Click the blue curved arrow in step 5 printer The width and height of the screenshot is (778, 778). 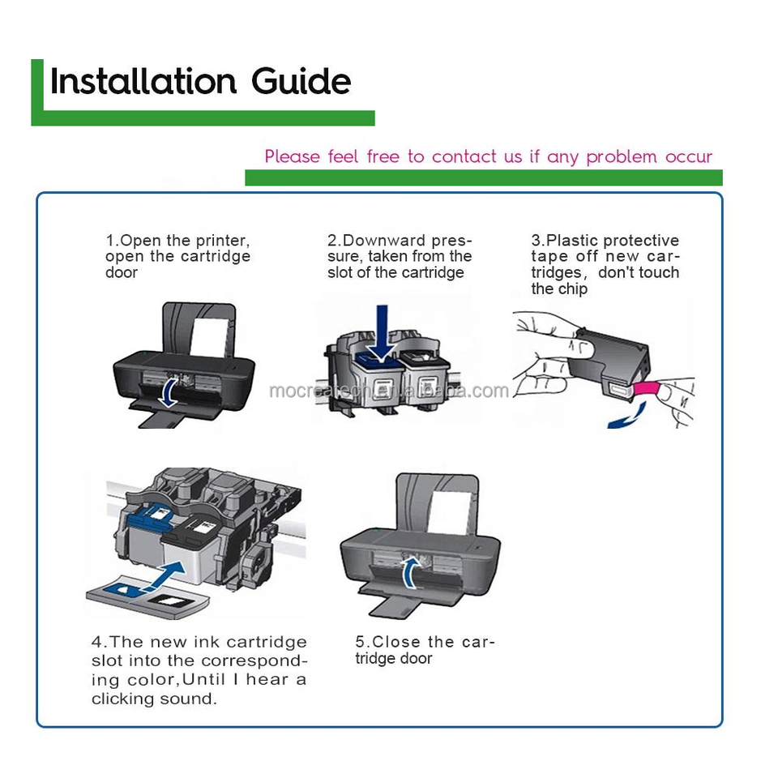click(x=413, y=571)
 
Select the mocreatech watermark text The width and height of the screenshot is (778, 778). click(x=389, y=391)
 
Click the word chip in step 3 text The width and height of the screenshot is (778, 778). click(x=571, y=289)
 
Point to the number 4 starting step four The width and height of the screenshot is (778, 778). click(x=96, y=643)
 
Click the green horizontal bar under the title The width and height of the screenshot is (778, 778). click(x=203, y=118)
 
